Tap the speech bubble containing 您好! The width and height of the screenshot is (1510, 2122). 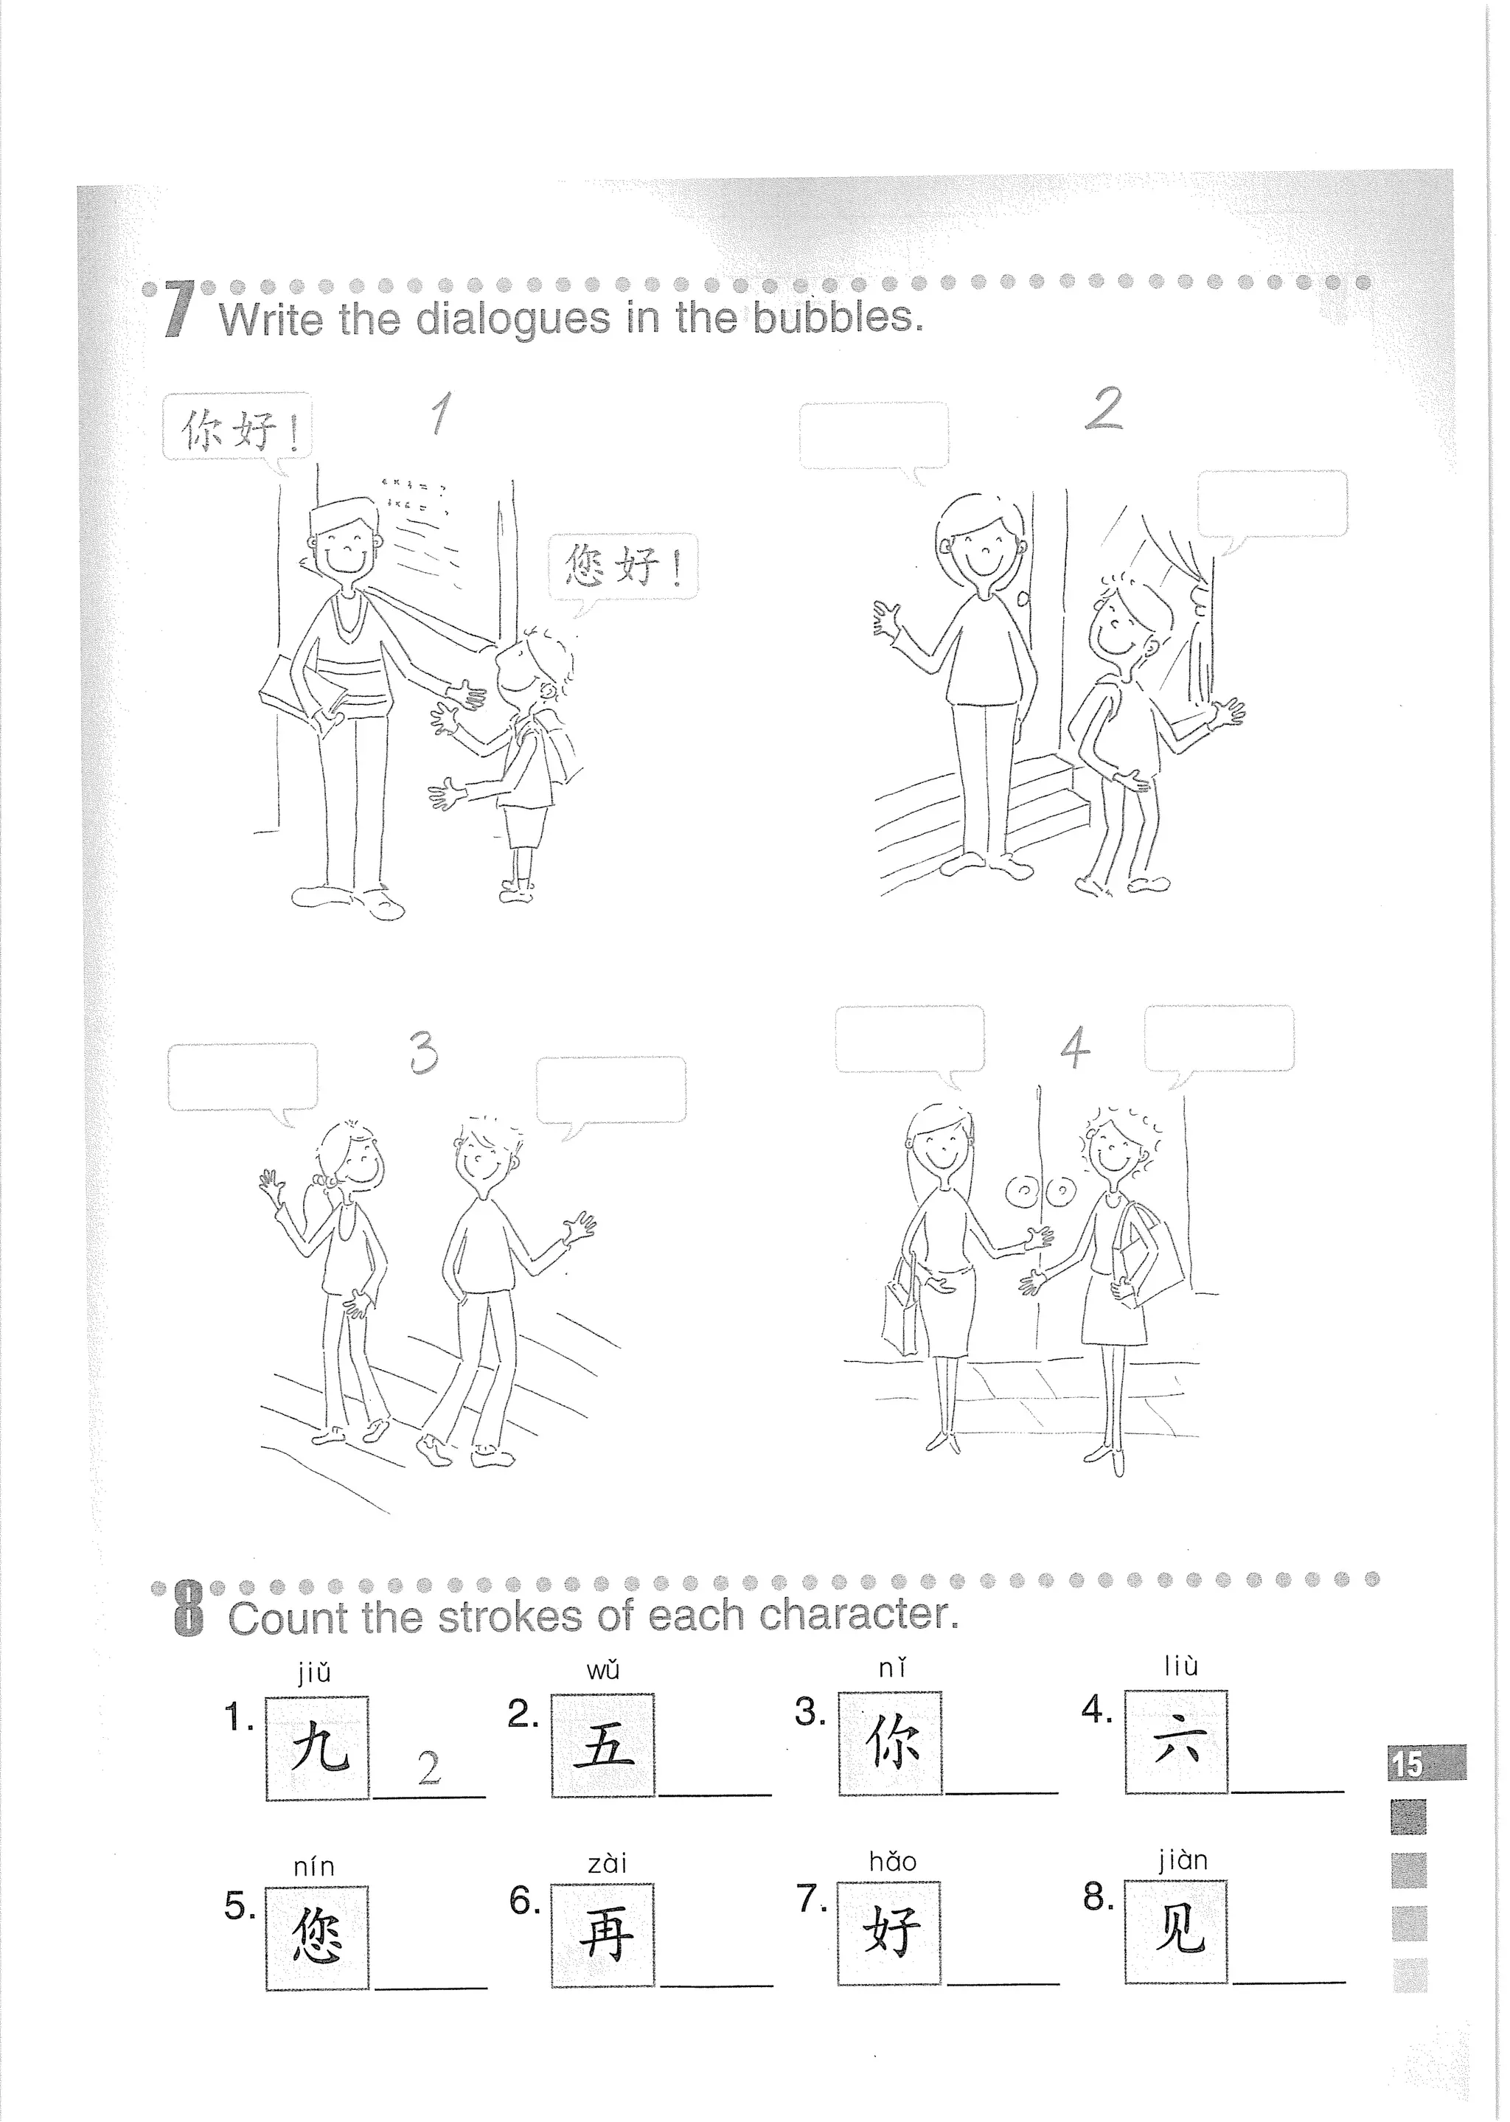pyautogui.click(x=623, y=566)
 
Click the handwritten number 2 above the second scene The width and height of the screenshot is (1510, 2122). pyautogui.click(x=1104, y=409)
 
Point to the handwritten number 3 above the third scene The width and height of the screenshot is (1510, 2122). pyautogui.click(x=423, y=1053)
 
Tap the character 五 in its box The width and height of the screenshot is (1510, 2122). pyautogui.click(x=602, y=1745)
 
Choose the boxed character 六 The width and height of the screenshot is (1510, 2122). pyautogui.click(x=1176, y=1742)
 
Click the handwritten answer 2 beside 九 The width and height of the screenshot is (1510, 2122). pyautogui.click(x=428, y=1767)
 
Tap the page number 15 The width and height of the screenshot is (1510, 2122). pyautogui.click(x=1408, y=1764)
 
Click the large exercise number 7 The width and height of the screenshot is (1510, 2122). pyautogui.click(x=179, y=311)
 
